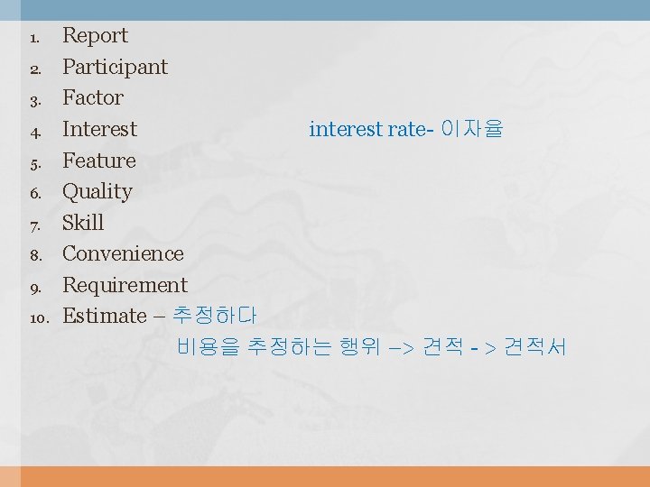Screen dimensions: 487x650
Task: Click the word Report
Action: coord(95,36)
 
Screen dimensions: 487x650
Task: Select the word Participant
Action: coord(115,67)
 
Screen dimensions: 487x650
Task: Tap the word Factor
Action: coord(92,97)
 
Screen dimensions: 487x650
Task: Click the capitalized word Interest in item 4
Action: coord(99,129)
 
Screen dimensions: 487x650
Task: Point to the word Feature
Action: coord(98,161)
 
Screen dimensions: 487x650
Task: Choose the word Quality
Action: coord(97,191)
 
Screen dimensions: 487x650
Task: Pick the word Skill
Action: coord(83,223)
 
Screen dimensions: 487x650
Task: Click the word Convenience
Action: coord(123,253)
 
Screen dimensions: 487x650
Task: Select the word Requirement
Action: coord(125,285)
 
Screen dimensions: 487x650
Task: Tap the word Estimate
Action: coord(104,316)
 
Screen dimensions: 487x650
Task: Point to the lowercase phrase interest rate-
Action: coord(370,129)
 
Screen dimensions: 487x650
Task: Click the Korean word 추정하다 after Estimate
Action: coord(214,316)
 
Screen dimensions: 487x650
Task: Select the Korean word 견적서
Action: coord(534,346)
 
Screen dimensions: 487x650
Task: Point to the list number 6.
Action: coord(35,193)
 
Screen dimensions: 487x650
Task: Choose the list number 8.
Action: coord(35,255)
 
